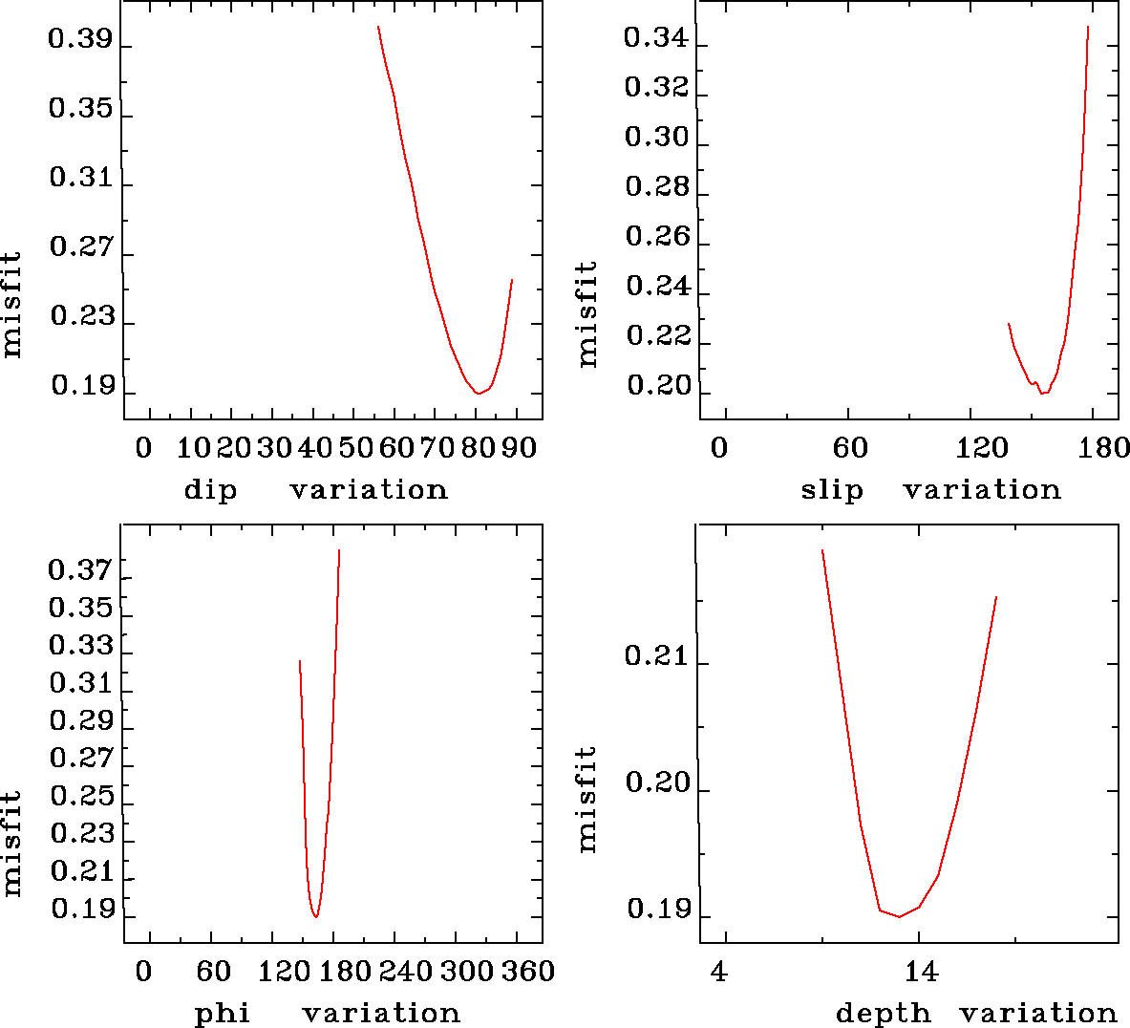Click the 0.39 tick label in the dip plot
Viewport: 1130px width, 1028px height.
pos(80,40)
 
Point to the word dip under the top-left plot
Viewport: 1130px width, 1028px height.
pos(210,490)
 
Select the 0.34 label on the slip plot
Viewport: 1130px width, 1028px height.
pos(656,38)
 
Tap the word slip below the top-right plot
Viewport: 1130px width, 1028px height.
pos(831,490)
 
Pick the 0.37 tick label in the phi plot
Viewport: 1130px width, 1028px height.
pos(80,571)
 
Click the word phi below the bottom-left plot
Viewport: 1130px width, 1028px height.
pos(223,1013)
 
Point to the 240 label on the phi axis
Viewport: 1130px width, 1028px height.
pos(401,973)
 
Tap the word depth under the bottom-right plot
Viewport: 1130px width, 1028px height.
pos(883,1013)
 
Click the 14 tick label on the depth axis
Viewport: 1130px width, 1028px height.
pos(921,973)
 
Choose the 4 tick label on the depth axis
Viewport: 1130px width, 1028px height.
pos(719,973)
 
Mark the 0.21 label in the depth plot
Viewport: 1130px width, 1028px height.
pos(656,656)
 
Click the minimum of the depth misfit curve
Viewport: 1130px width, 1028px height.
pos(899,917)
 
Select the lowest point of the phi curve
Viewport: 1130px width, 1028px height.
pos(315,917)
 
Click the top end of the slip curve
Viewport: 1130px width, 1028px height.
pos(1088,27)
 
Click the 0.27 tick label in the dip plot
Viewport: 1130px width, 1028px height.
pos(80,247)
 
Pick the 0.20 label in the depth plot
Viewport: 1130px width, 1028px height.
pos(656,783)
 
